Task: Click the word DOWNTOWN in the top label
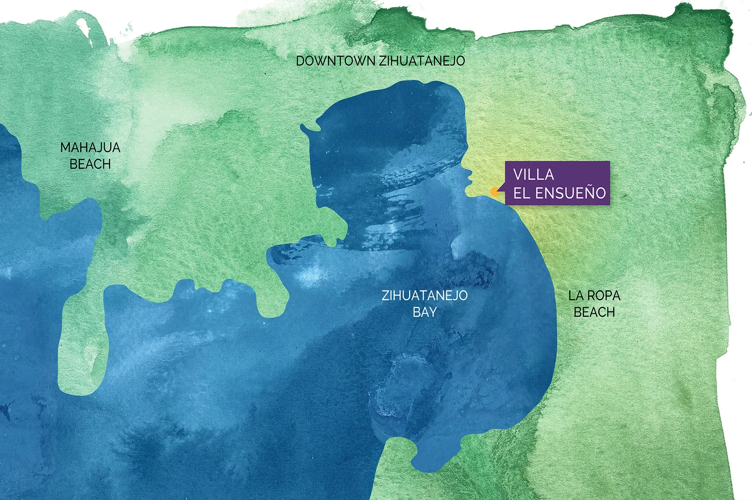(x=335, y=61)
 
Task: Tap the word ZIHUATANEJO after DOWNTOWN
(x=422, y=61)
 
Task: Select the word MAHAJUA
(x=90, y=148)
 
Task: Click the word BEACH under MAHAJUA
(x=90, y=164)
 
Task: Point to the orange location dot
(x=495, y=192)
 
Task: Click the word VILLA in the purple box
(x=534, y=174)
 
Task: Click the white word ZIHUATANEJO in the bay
(x=424, y=295)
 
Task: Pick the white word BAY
(x=424, y=312)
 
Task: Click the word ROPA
(x=604, y=295)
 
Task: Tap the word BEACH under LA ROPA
(x=594, y=312)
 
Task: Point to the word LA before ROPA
(x=575, y=295)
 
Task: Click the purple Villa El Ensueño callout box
(x=557, y=183)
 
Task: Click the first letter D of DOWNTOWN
(x=300, y=61)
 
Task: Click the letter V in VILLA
(x=518, y=174)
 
